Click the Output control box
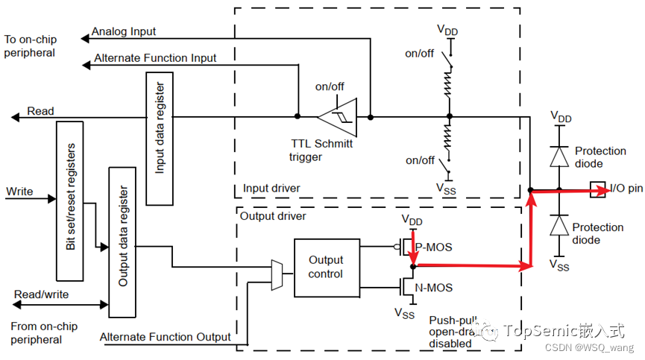click(x=326, y=266)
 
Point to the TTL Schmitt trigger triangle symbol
click(x=337, y=117)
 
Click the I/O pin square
click(x=597, y=191)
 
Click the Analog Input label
click(x=123, y=33)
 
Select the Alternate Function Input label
click(x=155, y=58)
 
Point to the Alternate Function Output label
click(x=166, y=337)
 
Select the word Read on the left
click(x=40, y=111)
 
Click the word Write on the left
click(x=19, y=192)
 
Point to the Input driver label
click(x=271, y=189)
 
